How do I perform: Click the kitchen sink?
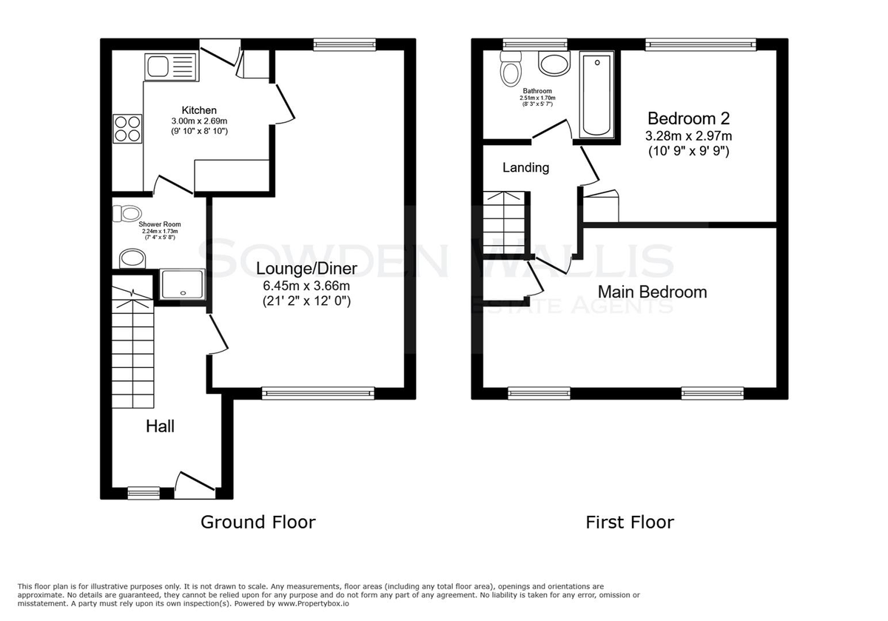point(172,67)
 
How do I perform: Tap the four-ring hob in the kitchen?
point(127,129)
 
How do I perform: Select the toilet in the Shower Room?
point(127,213)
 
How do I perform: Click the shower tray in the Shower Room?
point(182,284)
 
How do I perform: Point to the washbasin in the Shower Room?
point(132,258)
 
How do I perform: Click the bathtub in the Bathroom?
point(596,95)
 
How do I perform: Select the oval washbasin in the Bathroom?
point(554,64)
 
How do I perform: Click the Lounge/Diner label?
point(306,269)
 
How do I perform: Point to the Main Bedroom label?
point(652,292)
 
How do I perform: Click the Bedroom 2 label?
point(689,118)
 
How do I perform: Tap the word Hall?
point(160,426)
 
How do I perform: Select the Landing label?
point(525,168)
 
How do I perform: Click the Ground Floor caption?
point(258,522)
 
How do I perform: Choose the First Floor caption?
point(630,522)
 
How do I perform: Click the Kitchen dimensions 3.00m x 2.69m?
point(199,121)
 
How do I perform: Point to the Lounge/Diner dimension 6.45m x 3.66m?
point(306,286)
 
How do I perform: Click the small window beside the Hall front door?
point(144,493)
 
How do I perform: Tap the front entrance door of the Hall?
point(195,486)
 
